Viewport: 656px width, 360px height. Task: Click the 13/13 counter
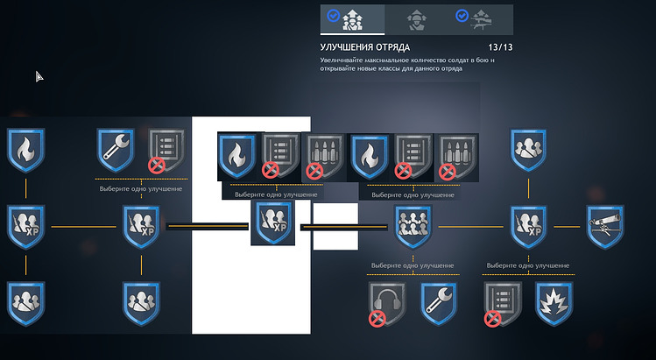point(500,47)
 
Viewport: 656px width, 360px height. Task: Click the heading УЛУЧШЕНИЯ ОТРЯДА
point(365,47)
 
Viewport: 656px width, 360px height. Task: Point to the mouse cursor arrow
point(39,76)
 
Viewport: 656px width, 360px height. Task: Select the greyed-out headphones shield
point(387,303)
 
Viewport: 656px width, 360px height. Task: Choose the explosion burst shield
point(554,303)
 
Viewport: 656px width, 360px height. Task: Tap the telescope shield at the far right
point(605,227)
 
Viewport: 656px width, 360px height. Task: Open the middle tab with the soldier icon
point(417,20)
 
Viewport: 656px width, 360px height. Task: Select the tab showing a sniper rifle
point(481,20)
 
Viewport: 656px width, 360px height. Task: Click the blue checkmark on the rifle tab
point(462,16)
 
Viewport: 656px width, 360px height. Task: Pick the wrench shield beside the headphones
point(439,303)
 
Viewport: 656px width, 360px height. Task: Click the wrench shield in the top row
point(116,151)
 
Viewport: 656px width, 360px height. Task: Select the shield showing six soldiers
point(413,227)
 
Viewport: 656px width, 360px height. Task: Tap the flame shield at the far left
point(25,151)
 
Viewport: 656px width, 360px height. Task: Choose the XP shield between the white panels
point(272,222)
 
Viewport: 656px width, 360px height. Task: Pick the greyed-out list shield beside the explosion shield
point(503,303)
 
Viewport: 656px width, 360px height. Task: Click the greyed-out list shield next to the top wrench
point(166,151)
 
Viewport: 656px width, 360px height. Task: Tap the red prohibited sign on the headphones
point(377,319)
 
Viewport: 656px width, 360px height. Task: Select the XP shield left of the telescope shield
point(528,227)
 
